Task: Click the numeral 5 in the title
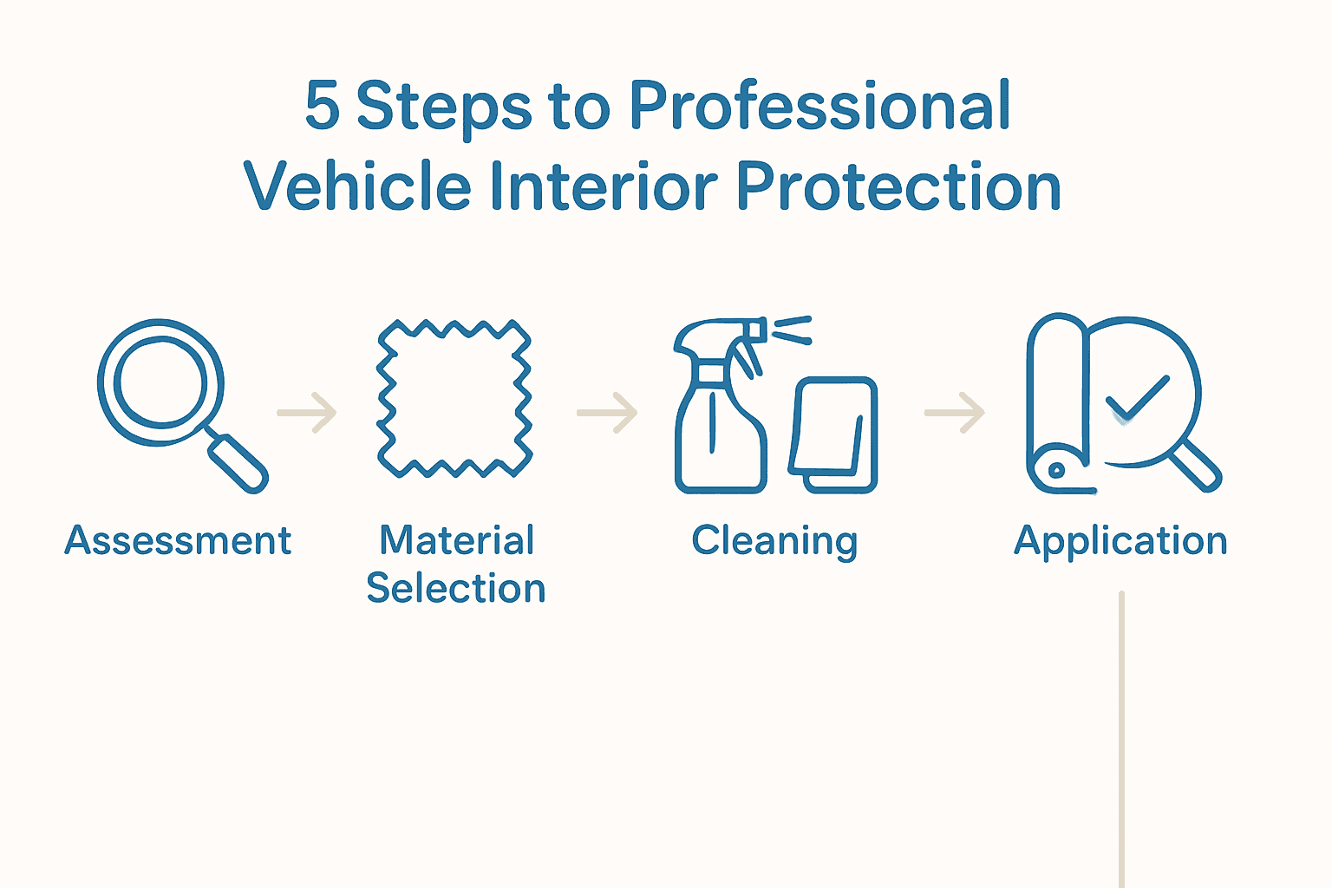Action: [322, 107]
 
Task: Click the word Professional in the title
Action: [819, 107]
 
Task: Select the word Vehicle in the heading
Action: [356, 186]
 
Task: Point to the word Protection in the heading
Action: [898, 186]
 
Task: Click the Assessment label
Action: [178, 541]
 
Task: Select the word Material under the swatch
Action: [456, 541]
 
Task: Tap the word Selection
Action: [456, 589]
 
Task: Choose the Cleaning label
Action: [774, 541]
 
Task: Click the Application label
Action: [1120, 541]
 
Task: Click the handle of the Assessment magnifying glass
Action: [238, 463]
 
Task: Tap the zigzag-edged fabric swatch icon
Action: [454, 399]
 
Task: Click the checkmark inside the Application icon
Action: [1137, 397]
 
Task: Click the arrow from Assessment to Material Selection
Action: [307, 413]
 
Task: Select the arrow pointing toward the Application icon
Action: [955, 413]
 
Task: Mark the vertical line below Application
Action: [1121, 737]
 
